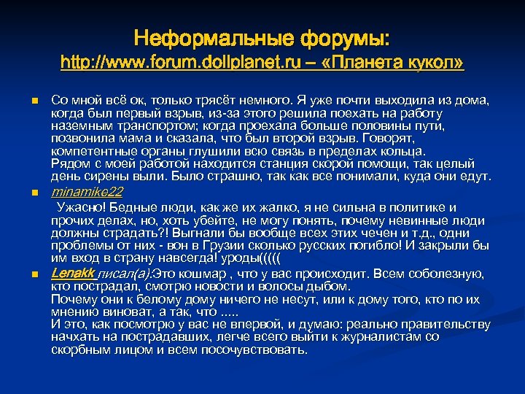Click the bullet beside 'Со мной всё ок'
coord(34,100)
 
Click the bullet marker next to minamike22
coord(34,193)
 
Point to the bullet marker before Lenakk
coord(34,274)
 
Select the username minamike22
coord(87,193)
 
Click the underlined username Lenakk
coord(73,274)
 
